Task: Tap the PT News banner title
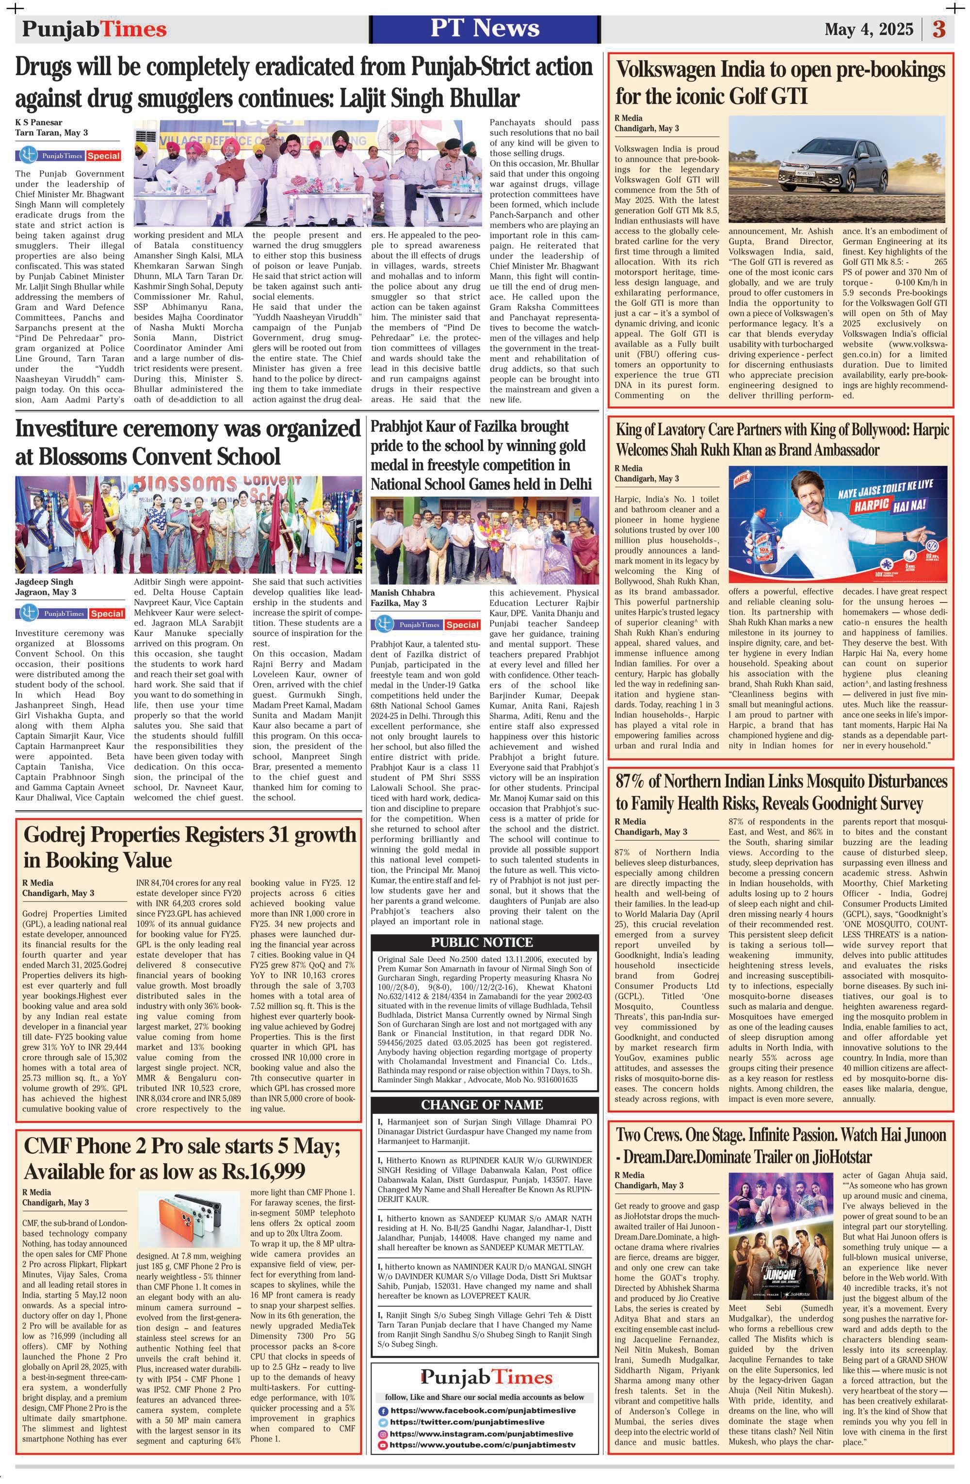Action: tap(485, 29)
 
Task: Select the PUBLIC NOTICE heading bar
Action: tap(482, 942)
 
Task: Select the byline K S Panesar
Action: tap(39, 122)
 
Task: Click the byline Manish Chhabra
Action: tap(403, 592)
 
